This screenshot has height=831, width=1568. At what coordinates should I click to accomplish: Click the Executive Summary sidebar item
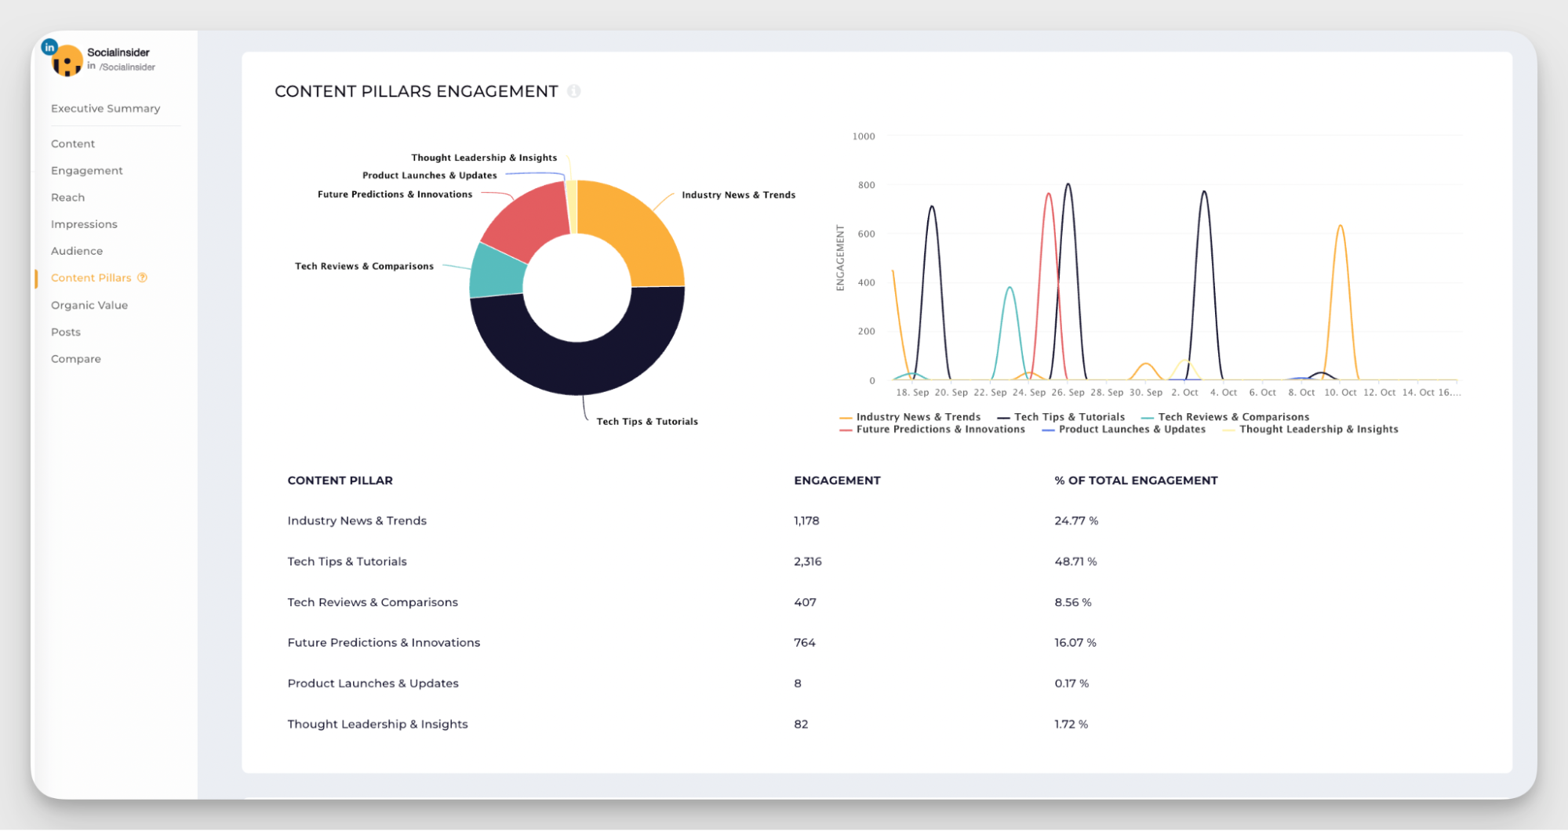click(105, 108)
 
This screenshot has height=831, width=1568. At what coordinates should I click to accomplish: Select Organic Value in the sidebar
click(89, 305)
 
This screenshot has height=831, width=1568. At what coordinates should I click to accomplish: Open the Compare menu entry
click(75, 358)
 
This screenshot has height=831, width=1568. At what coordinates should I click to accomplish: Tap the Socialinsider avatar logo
click(67, 60)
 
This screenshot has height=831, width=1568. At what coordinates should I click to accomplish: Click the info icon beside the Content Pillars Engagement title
click(573, 91)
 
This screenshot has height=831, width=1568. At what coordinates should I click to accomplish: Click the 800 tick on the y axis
click(866, 185)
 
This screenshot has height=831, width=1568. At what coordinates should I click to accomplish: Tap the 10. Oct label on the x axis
click(1340, 392)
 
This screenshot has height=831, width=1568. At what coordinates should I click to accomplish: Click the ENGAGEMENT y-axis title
click(840, 258)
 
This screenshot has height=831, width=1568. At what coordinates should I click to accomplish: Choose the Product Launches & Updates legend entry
click(1131, 429)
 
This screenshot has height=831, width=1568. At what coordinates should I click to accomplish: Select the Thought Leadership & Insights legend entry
click(1318, 429)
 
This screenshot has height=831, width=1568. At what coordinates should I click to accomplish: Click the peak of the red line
click(1049, 194)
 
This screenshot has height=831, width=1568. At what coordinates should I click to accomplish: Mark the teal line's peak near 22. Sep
click(1010, 288)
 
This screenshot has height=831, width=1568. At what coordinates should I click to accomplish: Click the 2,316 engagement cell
click(807, 561)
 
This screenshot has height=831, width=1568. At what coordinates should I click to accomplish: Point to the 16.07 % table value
click(1075, 642)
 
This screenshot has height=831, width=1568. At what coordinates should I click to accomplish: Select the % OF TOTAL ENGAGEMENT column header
click(1135, 480)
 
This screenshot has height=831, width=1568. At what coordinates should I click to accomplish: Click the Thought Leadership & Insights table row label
click(377, 724)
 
